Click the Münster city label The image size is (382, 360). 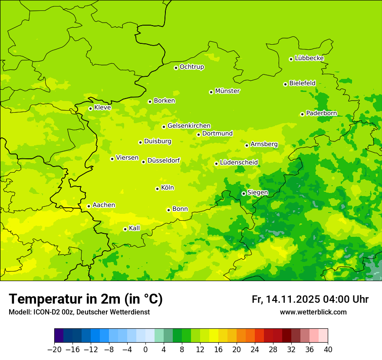pos(227,91)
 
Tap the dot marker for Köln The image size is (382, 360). pos(157,189)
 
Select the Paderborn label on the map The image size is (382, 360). pos(321,113)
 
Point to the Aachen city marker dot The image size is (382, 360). pos(89,206)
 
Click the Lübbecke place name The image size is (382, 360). pos(309,58)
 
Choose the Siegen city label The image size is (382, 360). pos(257,193)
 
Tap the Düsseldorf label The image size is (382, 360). pos(163,160)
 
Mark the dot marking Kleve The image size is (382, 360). pos(90,108)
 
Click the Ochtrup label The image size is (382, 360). pos(191,67)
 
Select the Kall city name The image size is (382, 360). pos(135,228)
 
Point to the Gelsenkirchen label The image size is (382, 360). pos(189,126)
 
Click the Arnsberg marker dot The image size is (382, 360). pos(247,145)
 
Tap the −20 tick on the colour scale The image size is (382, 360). pos(54,350)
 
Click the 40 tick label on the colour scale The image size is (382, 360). pos(328,350)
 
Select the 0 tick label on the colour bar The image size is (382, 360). pos(145,350)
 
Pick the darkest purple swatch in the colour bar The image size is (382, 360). pos(59,336)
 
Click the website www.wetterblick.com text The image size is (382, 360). pos(313,312)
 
